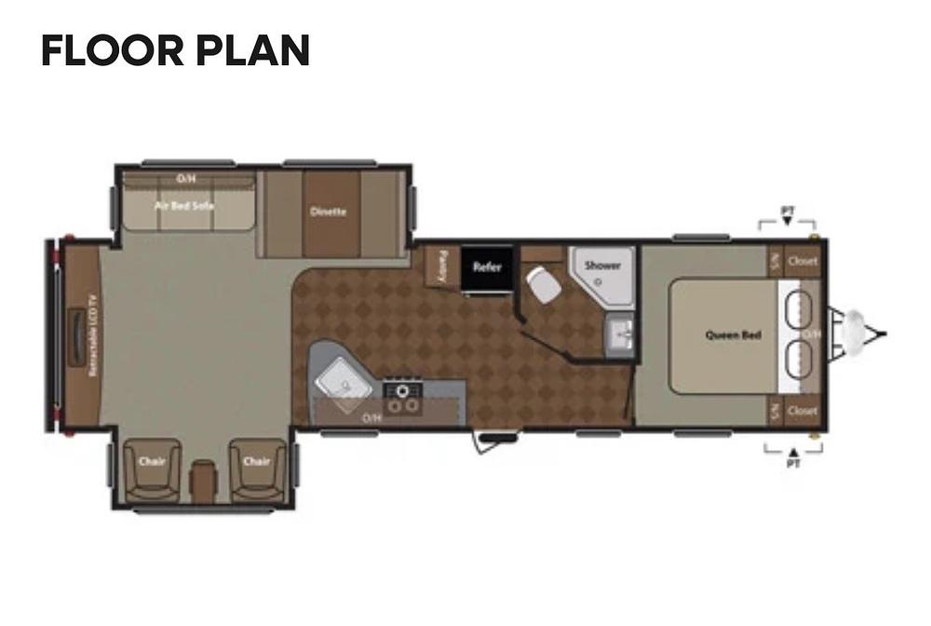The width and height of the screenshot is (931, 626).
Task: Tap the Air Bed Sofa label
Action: pos(184,205)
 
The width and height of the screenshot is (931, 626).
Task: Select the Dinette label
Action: pos(328,211)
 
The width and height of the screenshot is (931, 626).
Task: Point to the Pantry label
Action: pos(442,265)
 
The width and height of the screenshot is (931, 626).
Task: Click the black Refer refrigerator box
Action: pos(487,267)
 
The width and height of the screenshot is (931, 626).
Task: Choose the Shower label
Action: pos(602,265)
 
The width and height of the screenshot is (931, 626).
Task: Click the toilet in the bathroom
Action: pos(542,284)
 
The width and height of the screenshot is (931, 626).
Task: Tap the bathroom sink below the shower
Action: pos(621,331)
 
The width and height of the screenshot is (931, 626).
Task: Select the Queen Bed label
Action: pos(734,335)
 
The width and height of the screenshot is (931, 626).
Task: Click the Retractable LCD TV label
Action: pos(93,335)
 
